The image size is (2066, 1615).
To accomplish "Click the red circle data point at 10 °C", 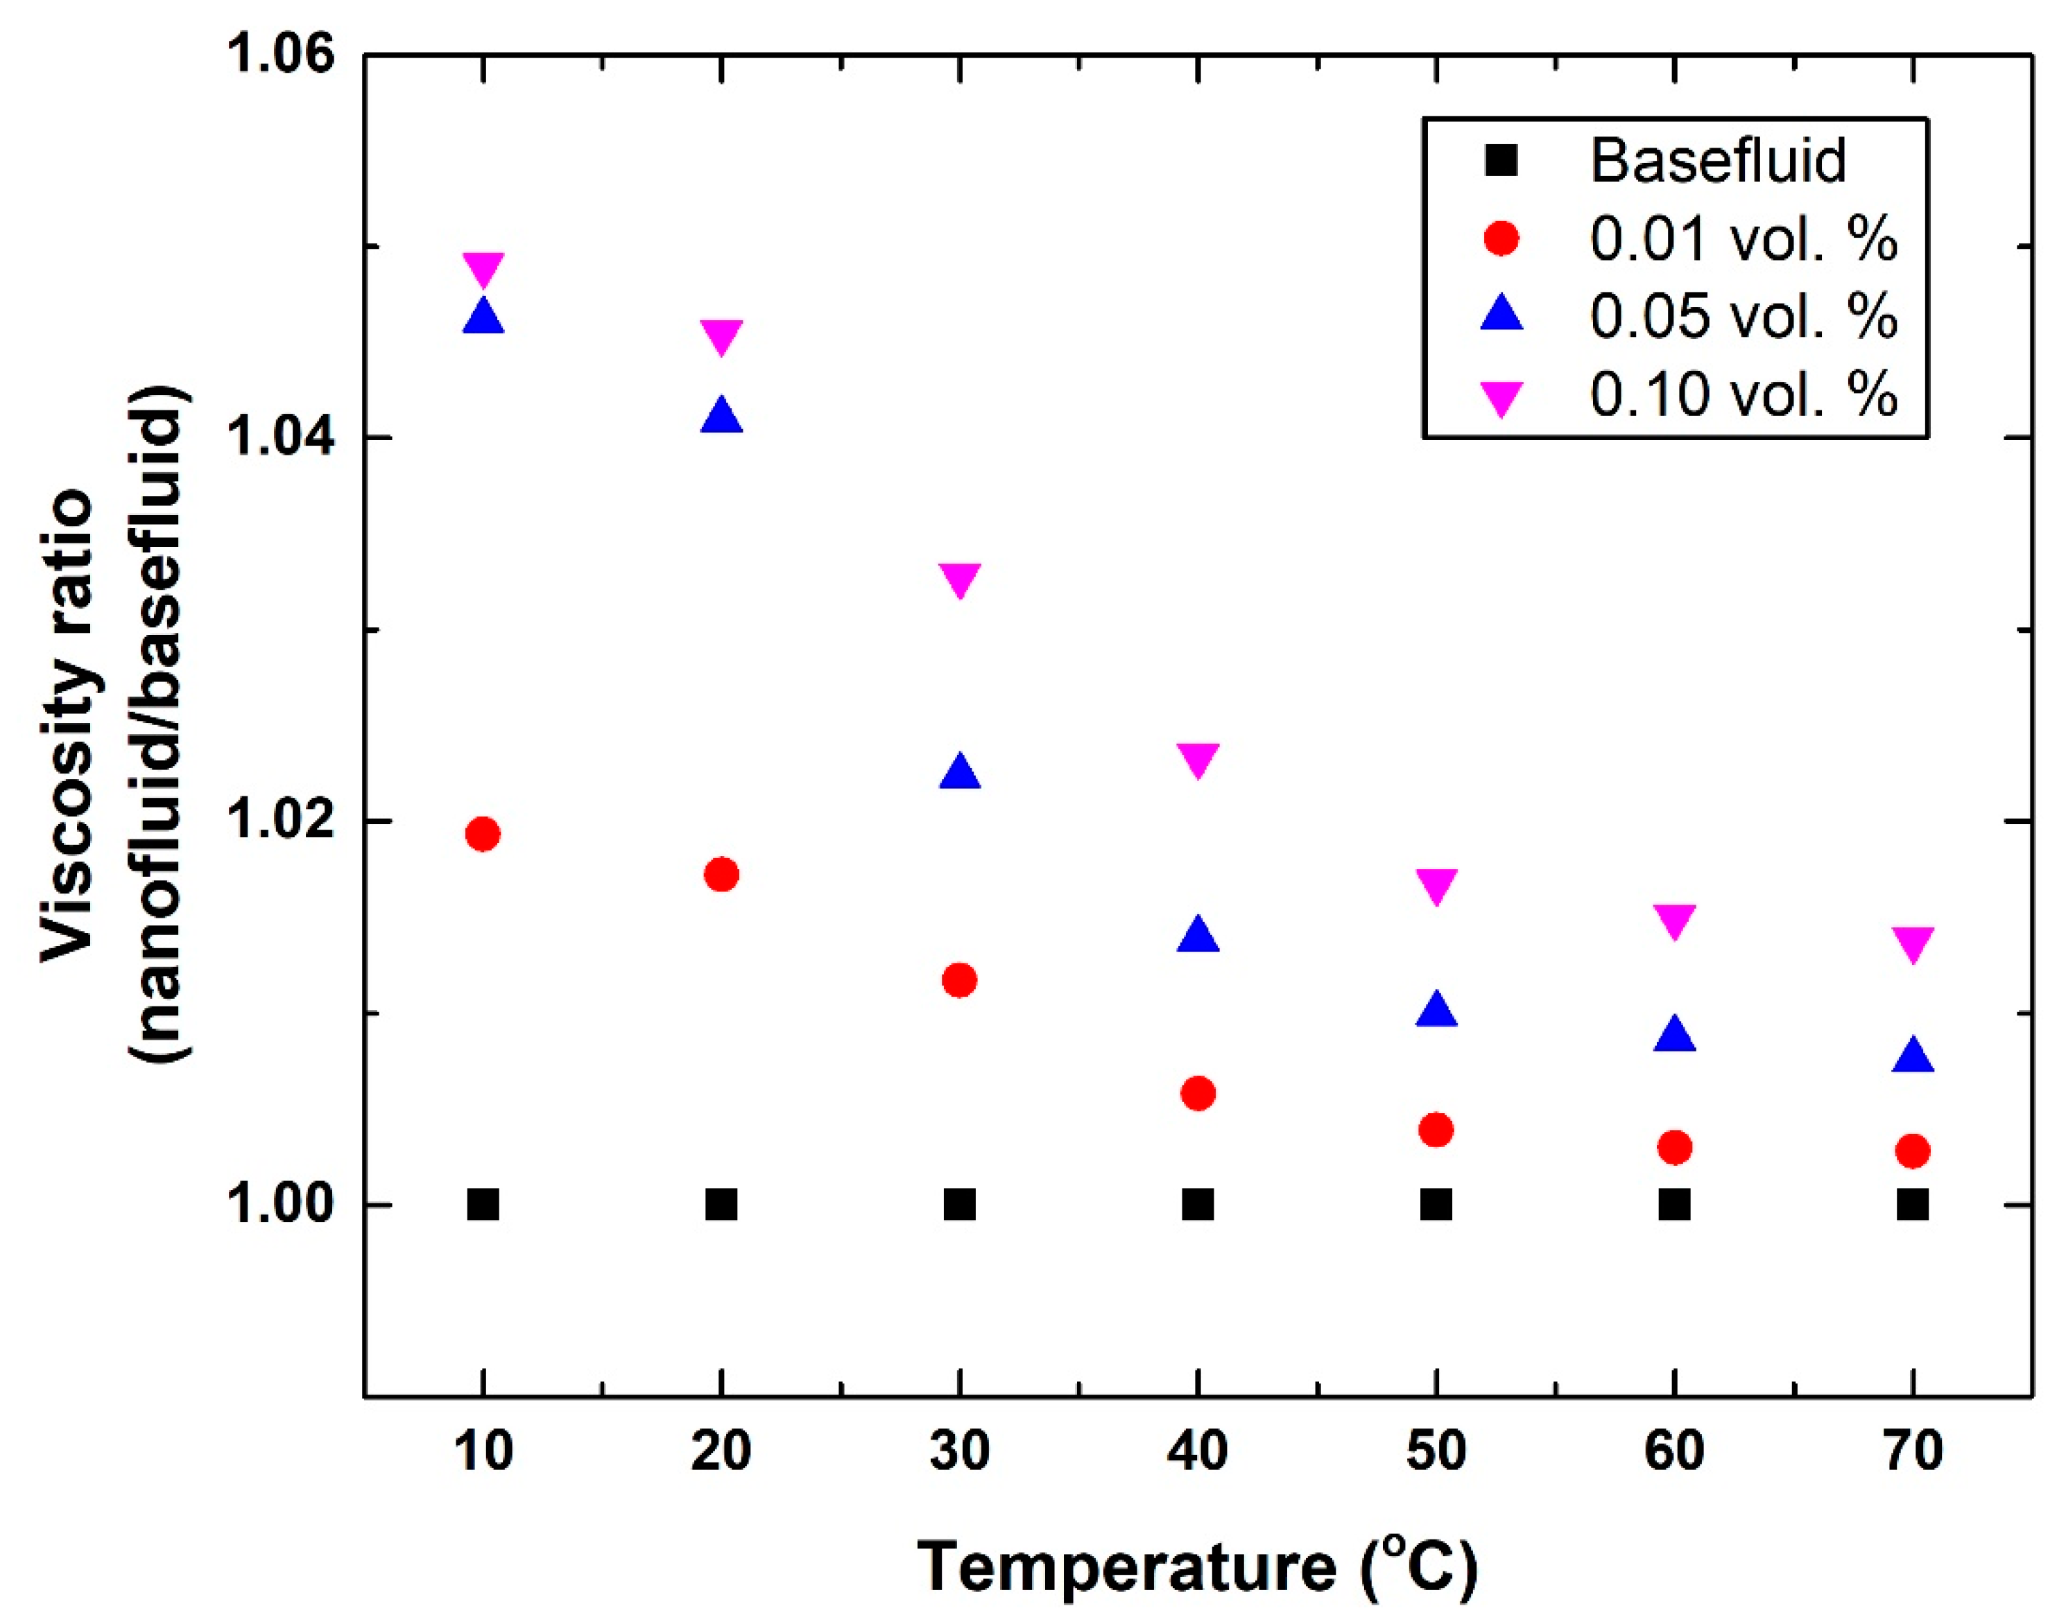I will click(x=483, y=834).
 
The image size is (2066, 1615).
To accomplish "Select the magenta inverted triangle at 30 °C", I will click(x=959, y=579).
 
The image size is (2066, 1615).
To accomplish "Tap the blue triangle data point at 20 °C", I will click(x=721, y=416).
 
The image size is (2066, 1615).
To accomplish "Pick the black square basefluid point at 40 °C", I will click(x=1198, y=1205).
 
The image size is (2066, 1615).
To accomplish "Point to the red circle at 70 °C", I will click(x=1912, y=1151).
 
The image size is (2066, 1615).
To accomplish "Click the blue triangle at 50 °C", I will click(x=1436, y=1010).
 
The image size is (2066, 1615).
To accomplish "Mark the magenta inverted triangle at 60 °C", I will click(x=1674, y=919).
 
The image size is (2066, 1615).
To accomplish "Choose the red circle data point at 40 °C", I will click(x=1198, y=1094).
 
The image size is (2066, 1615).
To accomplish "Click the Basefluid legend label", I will click(x=1717, y=161).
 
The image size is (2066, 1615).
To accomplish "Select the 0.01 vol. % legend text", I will click(x=1743, y=238).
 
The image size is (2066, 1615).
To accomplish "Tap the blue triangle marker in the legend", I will click(x=1501, y=314).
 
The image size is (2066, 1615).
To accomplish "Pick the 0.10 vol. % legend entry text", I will click(x=1743, y=393).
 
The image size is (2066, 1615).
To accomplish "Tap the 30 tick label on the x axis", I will click(x=959, y=1452).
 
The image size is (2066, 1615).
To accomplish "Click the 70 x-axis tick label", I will click(x=1912, y=1452).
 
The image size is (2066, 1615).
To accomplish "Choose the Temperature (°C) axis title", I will click(x=1196, y=1566).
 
